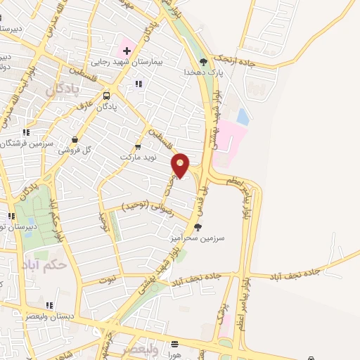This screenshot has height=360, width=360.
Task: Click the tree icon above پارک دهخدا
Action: click(x=204, y=60)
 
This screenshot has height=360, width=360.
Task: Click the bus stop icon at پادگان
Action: click(x=107, y=96)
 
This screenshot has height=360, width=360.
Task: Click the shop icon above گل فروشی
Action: click(x=75, y=139)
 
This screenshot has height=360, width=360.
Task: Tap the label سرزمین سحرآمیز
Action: click(x=196, y=238)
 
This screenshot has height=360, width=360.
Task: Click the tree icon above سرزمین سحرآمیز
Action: click(x=197, y=227)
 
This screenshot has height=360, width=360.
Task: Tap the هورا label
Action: click(x=174, y=356)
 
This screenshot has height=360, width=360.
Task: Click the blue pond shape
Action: click(x=243, y=115)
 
